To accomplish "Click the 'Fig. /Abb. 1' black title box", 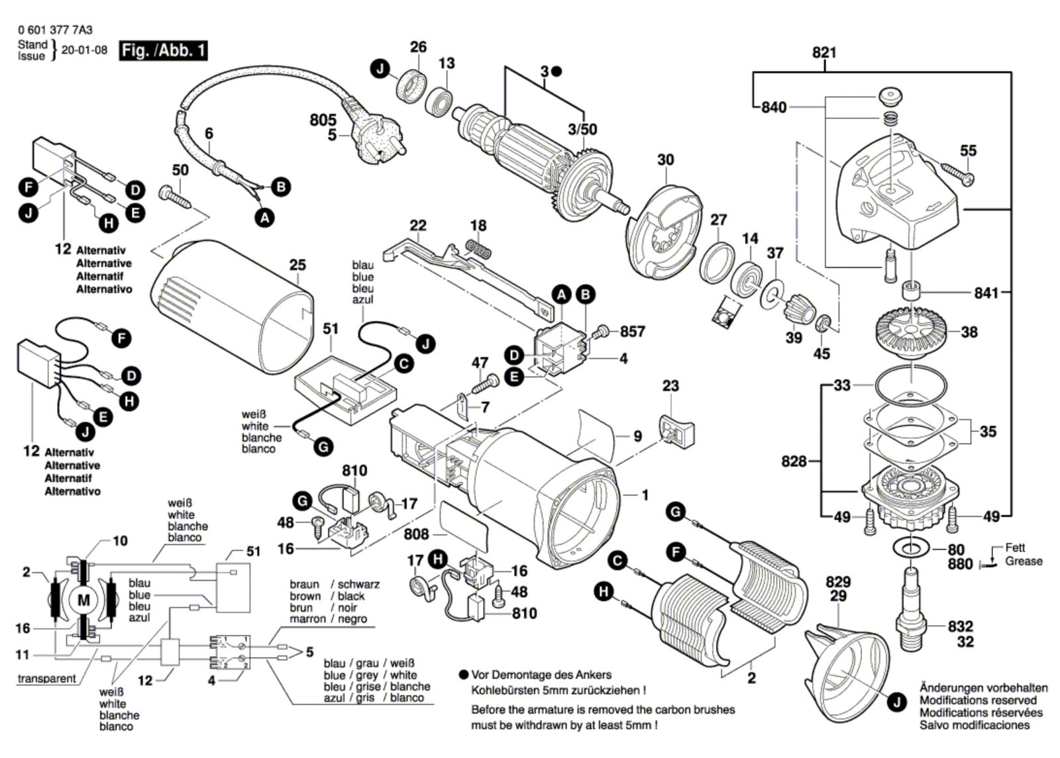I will (x=163, y=50).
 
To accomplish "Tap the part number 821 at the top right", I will (x=824, y=52).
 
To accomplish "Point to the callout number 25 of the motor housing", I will (x=297, y=265).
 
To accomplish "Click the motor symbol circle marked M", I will (x=84, y=600).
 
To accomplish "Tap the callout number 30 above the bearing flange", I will (x=665, y=160).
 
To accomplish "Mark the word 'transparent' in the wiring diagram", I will (x=46, y=679).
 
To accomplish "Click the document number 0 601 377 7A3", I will (x=56, y=30).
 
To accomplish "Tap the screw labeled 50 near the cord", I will (x=176, y=196).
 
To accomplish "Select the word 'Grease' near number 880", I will (x=1024, y=561).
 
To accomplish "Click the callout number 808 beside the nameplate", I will (x=416, y=534).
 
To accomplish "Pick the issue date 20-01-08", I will (x=84, y=50).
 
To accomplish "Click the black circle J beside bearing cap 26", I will (x=380, y=69).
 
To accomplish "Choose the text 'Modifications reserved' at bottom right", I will (x=978, y=700).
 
